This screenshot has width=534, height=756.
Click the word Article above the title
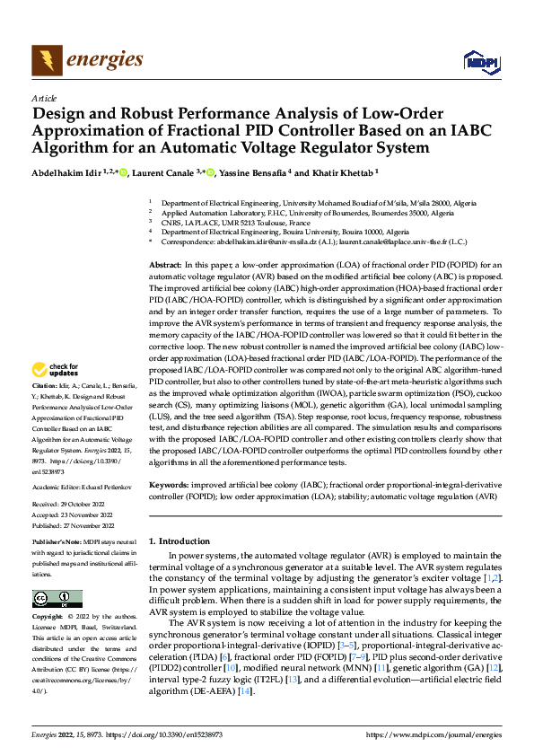pos(44,98)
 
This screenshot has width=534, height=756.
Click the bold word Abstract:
pos(164,267)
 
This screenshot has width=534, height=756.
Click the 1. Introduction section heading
pos(178,541)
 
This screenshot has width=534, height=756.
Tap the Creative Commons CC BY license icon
pos(57,599)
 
